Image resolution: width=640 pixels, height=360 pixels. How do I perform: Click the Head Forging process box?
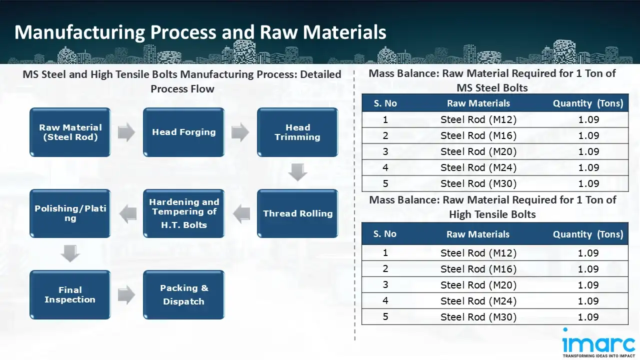click(183, 132)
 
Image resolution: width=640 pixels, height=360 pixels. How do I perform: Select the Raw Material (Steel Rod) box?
click(70, 132)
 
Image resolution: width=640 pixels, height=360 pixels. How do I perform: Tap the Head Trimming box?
click(297, 132)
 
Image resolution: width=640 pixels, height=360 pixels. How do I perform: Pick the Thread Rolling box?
click(297, 213)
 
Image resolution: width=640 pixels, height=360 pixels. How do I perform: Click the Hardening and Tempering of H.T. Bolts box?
click(183, 213)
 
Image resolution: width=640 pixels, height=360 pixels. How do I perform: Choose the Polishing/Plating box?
click(70, 213)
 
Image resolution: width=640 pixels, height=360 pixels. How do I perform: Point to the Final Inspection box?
click(70, 294)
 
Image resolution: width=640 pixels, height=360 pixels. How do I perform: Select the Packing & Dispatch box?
click(183, 294)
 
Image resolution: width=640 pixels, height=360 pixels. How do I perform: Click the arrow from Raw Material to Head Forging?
click(126, 132)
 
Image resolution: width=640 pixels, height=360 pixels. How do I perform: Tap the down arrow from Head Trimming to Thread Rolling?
click(297, 172)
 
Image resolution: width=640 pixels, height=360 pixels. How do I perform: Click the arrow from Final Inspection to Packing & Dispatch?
click(126, 294)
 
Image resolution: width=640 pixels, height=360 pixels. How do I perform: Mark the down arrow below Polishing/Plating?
click(70, 253)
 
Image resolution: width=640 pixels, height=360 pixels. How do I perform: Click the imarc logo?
click(598, 343)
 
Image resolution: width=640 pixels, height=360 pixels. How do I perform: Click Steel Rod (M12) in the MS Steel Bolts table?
click(478, 119)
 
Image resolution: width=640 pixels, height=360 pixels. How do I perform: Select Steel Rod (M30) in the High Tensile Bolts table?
click(478, 317)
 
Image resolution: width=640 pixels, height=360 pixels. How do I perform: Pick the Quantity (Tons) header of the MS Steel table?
click(588, 103)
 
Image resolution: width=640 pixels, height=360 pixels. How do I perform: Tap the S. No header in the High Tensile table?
click(385, 234)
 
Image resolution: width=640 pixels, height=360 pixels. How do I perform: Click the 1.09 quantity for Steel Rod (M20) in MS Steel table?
click(588, 151)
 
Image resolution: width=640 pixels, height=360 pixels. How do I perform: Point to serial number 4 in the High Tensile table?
click(385, 301)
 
